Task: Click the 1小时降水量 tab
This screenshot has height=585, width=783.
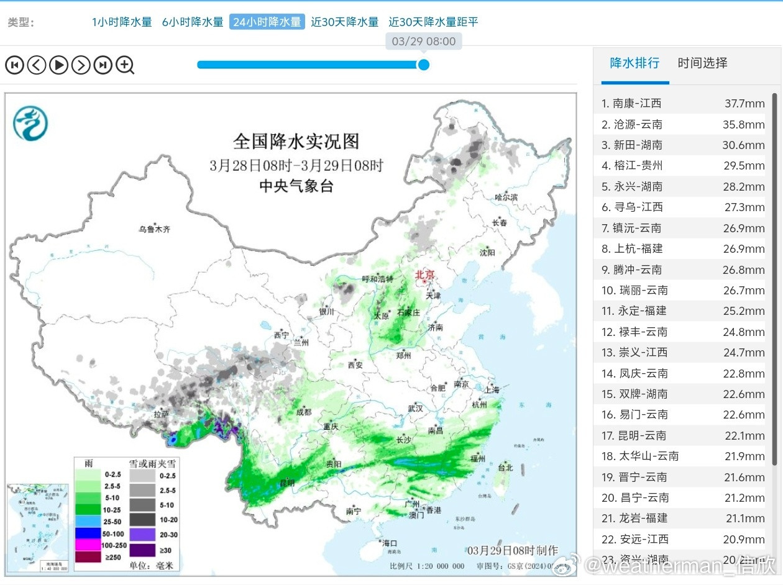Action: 122,22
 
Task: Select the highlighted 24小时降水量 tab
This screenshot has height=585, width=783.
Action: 267,22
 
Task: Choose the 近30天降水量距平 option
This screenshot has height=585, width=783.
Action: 433,22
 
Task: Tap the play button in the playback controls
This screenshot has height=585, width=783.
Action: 58,65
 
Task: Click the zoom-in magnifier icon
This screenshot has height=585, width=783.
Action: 125,65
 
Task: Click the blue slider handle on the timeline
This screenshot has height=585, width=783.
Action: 424,65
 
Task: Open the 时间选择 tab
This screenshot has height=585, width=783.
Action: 702,63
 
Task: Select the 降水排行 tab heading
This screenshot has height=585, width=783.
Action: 634,63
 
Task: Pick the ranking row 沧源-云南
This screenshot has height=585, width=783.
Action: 632,124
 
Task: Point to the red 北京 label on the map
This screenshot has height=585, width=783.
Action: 426,274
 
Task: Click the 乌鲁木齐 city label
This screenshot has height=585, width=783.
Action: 154,229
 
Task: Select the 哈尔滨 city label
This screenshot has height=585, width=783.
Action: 506,197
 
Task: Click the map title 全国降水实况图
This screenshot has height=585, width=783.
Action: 296,141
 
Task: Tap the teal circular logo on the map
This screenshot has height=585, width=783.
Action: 30,123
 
